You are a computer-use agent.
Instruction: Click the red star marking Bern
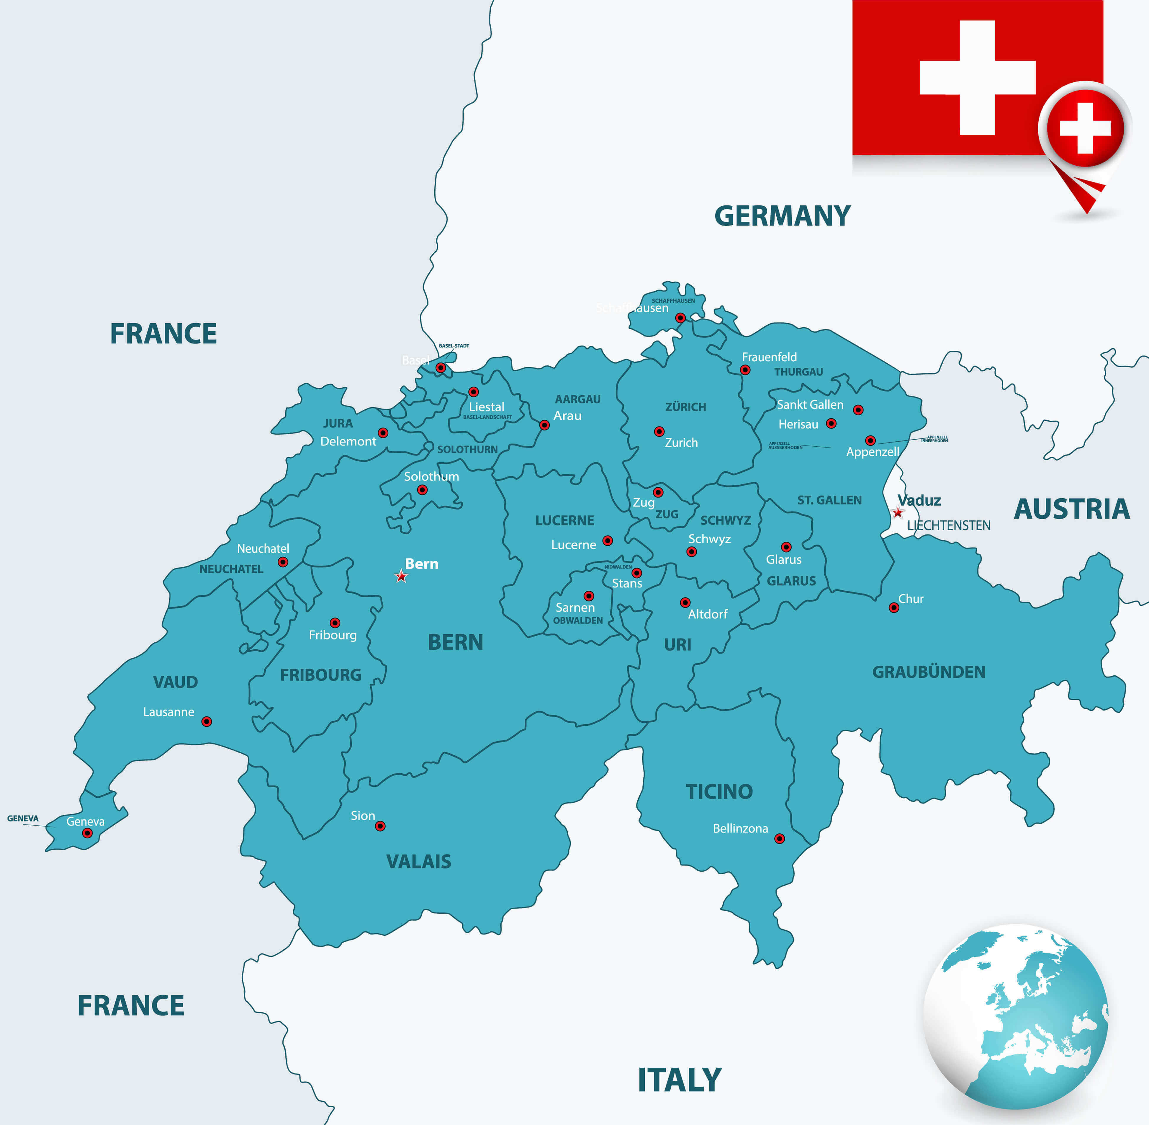coord(401,576)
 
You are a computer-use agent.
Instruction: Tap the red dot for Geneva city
coord(87,833)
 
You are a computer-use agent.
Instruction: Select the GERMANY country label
coord(782,216)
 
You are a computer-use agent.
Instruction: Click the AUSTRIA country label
coord(1072,509)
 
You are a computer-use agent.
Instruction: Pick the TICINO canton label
coord(719,791)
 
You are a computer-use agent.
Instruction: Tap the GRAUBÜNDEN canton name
coord(929,672)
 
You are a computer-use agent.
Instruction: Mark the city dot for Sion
coord(380,826)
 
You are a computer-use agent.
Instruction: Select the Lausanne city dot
coord(207,721)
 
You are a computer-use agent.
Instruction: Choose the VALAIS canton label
coord(419,861)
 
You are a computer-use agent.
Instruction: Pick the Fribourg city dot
coord(335,623)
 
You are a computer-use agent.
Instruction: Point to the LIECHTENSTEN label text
coord(949,525)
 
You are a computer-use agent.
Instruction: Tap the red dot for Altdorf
coord(685,603)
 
